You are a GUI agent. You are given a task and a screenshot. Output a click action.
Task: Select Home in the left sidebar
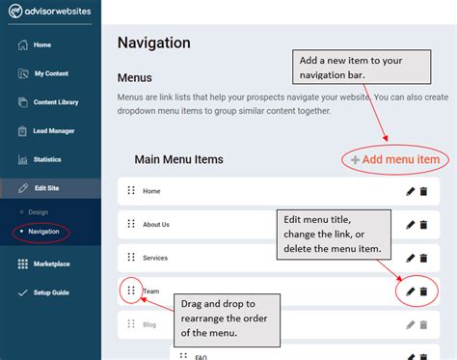pos(41,44)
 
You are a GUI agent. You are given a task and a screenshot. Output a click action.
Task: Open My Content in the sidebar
pos(51,73)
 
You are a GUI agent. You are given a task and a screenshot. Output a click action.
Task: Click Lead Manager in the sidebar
pos(55,130)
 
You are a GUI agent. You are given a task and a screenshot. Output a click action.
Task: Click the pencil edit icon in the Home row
pos(411,191)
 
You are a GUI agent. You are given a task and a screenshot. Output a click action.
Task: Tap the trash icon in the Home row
pos(423,191)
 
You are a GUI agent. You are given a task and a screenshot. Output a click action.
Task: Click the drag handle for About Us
pos(131,224)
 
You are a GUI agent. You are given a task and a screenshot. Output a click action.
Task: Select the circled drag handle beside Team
pos(131,290)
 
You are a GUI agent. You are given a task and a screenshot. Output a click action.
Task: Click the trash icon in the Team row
pos(423,291)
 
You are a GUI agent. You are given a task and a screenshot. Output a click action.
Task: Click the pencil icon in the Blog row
pos(411,324)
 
